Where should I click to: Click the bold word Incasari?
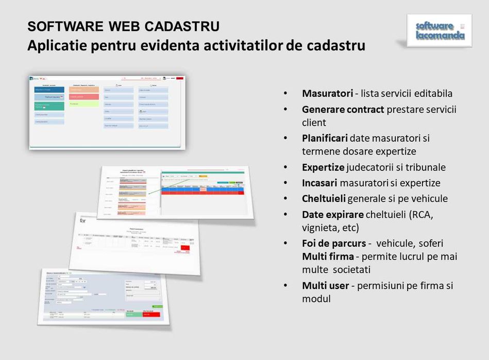tap(319, 183)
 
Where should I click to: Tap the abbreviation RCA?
tap(420, 214)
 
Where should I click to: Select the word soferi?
tap(427, 243)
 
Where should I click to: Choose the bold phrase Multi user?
tap(325, 285)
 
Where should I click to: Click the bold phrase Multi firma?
tap(328, 256)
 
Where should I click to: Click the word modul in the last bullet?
tap(316, 299)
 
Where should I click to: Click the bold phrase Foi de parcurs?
tap(334, 243)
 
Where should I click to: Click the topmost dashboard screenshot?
tap(107, 112)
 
